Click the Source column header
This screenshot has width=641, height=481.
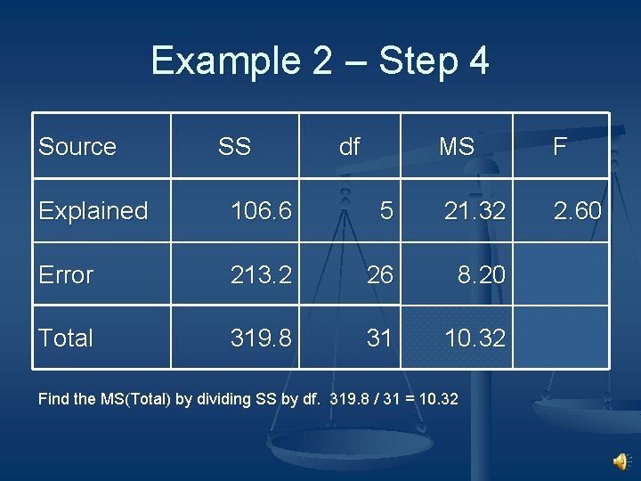click(77, 146)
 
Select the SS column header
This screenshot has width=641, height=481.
click(234, 146)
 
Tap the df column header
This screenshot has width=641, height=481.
click(350, 146)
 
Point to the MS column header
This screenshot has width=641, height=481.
click(457, 146)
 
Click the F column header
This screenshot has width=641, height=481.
click(560, 146)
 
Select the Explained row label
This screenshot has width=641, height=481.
click(93, 211)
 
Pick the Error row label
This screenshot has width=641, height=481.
click(66, 275)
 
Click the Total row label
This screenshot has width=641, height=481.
click(66, 338)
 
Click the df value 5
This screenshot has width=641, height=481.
click(385, 211)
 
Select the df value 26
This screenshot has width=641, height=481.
click(380, 275)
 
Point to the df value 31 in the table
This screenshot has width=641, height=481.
click(380, 338)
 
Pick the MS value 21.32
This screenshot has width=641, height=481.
click(475, 211)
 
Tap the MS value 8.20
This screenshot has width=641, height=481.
click(482, 275)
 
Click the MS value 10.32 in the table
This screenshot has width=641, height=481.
click(475, 338)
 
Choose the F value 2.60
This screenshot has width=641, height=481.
click(578, 211)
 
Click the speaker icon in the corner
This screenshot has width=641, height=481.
click(621, 461)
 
